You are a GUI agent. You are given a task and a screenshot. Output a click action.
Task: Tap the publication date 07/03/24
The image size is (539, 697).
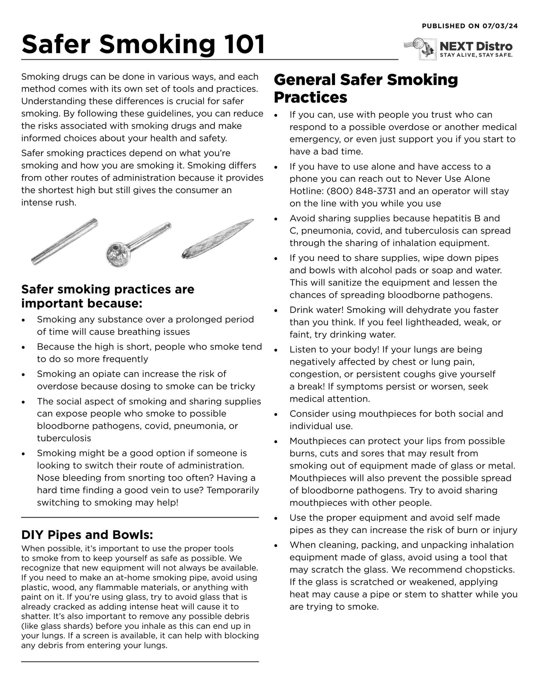tap(500, 26)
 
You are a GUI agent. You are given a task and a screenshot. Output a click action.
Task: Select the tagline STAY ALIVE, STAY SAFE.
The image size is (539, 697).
tap(476, 55)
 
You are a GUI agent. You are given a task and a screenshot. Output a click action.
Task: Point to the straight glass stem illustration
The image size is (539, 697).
tap(65, 242)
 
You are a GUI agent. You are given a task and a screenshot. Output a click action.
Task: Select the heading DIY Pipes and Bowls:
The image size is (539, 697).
tap(87, 535)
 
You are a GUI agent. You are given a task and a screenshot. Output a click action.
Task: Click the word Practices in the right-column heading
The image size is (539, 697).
tap(310, 97)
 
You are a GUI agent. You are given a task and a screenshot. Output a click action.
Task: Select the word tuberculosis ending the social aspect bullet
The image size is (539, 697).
tap(64, 438)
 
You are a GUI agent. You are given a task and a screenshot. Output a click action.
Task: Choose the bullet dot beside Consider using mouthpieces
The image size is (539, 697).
tap(276, 415)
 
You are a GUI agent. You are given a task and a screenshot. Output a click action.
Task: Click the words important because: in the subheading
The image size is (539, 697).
tap(81, 303)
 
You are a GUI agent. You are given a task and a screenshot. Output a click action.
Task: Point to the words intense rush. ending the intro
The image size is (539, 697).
tap(49, 202)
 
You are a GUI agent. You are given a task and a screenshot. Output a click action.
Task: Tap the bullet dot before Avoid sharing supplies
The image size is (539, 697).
tap(276, 219)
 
